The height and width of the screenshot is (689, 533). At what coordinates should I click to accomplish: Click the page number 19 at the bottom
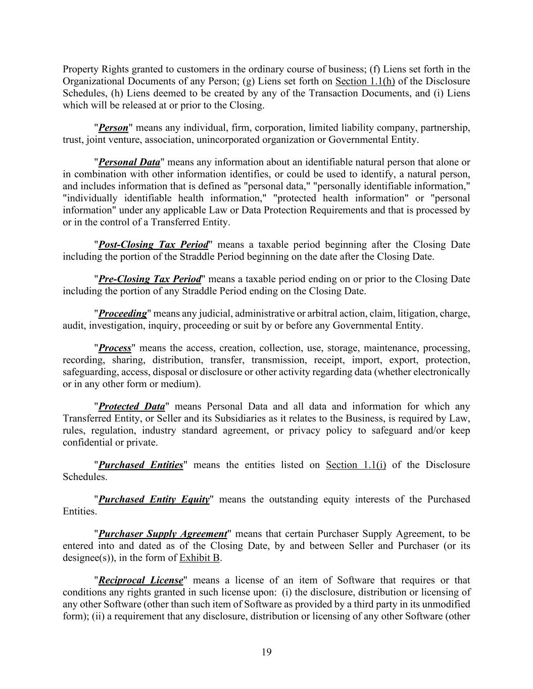pos(267,652)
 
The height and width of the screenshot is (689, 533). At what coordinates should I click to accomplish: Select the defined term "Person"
pos(113,128)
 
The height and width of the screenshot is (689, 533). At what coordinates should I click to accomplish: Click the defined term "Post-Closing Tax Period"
pos(153,245)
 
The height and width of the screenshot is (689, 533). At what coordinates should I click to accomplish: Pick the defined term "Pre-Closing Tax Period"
pos(150,279)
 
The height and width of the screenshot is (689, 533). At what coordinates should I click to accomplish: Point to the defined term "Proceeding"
pos(122,313)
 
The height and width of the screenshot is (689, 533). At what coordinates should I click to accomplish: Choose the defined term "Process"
pos(115,348)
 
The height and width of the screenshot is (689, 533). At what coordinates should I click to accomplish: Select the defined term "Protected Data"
pos(131,406)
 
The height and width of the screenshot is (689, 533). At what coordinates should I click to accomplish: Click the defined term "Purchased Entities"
pos(140,465)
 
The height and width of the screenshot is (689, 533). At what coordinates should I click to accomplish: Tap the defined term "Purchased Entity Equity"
pos(154,499)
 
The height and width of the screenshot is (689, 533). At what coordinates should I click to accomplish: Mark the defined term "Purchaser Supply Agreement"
pos(162,534)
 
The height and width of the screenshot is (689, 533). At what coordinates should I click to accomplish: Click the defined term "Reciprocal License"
pos(140,580)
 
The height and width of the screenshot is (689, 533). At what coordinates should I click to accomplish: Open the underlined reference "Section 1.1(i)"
pos(356,465)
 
